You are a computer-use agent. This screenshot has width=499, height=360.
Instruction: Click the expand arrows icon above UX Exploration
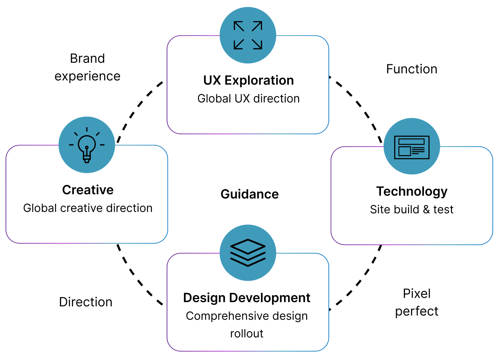click(248, 35)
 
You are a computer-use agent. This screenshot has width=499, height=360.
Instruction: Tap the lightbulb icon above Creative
click(87, 145)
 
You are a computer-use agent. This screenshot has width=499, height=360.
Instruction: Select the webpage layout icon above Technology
click(412, 147)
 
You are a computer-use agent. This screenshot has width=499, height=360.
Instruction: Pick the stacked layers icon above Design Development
click(248, 253)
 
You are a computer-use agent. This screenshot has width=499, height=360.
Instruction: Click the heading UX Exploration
click(248, 80)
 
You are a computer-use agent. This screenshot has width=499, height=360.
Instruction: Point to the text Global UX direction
click(248, 99)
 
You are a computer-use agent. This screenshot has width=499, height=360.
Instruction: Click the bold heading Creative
click(88, 190)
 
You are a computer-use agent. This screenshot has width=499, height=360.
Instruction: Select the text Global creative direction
click(88, 208)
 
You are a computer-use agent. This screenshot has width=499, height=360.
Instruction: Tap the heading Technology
click(412, 191)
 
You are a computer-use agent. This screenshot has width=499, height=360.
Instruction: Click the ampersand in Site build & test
click(426, 210)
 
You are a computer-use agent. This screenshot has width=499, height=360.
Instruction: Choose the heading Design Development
click(247, 298)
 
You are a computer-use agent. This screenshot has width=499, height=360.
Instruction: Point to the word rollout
click(247, 334)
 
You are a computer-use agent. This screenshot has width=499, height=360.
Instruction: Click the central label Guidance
click(250, 194)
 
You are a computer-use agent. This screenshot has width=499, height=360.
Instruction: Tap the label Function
click(412, 69)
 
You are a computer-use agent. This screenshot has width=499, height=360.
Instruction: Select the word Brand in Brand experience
click(87, 58)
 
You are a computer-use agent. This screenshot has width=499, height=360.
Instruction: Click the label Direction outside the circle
click(86, 302)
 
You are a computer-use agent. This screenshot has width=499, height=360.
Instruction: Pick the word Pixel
click(417, 294)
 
